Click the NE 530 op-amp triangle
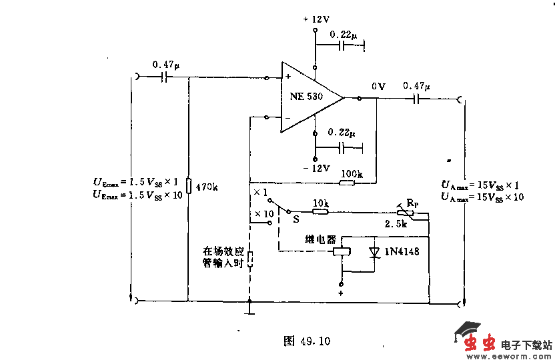click(308, 96)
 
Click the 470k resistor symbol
click(189, 186)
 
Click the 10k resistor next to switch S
click(321, 213)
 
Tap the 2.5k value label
click(396, 225)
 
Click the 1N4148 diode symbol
click(374, 253)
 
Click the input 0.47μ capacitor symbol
click(164, 78)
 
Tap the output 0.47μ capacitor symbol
click(417, 99)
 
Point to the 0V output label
click(378, 87)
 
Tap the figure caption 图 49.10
click(307, 341)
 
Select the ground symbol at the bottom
click(249, 309)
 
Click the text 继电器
click(320, 239)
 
